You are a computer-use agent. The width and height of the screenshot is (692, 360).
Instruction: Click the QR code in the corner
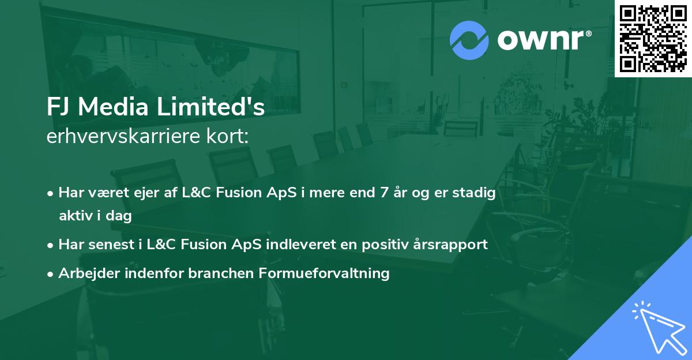(653, 38)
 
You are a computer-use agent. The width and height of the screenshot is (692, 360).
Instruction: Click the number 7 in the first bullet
(383, 193)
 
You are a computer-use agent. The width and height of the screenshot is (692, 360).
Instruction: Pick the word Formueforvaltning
(335, 273)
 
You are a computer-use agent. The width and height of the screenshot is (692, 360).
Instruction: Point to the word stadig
(476, 193)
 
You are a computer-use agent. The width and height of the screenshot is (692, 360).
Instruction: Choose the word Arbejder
(84, 273)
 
